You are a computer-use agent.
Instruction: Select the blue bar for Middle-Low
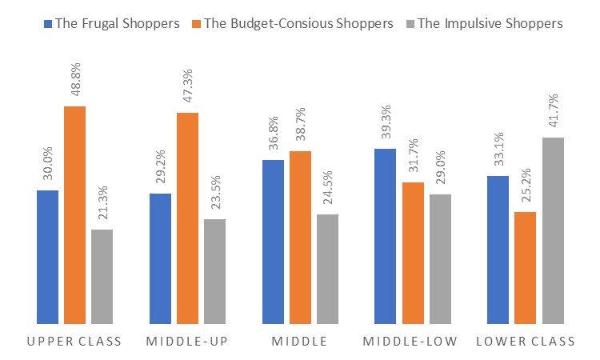385,236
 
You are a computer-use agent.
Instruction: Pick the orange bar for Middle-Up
187,218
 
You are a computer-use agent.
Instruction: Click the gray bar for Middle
328,269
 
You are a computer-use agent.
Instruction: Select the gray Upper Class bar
102,276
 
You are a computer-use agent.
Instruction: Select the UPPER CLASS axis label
74,342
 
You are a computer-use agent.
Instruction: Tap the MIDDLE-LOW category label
410,342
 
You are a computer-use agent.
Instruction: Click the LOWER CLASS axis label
526,342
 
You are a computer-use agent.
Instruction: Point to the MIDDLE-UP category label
187,342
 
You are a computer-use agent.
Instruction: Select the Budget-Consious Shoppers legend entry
291,23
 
